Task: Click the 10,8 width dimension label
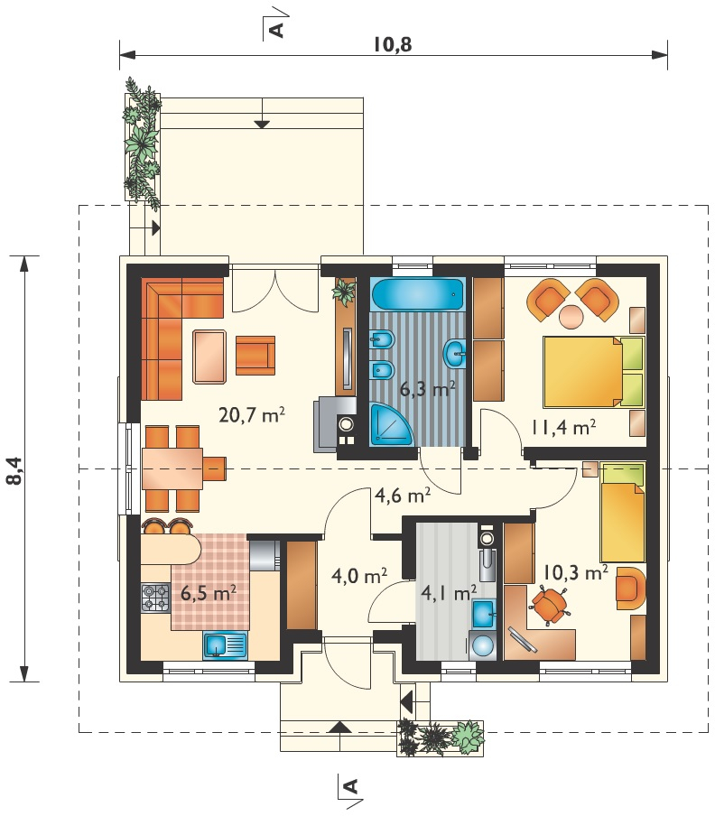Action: point(393,45)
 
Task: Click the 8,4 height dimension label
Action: point(15,470)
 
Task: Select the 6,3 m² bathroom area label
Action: point(428,388)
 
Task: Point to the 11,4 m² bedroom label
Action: point(563,427)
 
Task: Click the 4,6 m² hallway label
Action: point(403,495)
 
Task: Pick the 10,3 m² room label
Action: point(576,572)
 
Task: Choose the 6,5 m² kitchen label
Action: point(209,592)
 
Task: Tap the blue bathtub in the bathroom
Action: point(418,295)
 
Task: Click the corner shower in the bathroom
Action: point(391,426)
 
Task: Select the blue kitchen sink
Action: point(226,645)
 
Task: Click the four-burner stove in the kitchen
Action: point(155,598)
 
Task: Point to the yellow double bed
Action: point(593,371)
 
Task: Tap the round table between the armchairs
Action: point(571,316)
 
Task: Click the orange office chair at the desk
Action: point(549,604)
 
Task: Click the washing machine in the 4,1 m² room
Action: point(482,645)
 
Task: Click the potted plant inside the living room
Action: point(344,291)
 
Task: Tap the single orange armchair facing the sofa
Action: point(255,356)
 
